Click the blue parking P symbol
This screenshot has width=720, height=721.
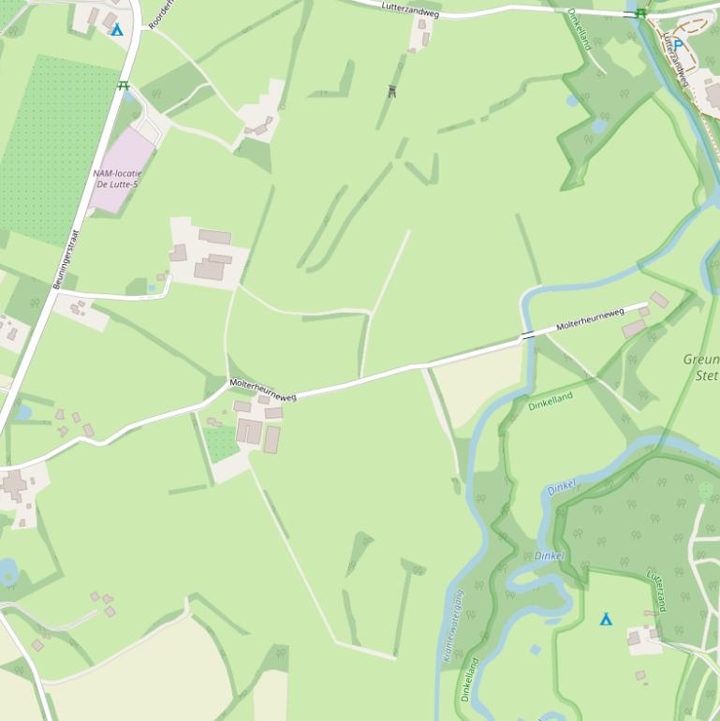(679, 45)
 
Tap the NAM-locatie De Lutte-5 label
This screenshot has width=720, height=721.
(116, 179)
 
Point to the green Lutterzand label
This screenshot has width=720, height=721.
(658, 591)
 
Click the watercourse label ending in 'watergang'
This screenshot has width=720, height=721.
(453, 626)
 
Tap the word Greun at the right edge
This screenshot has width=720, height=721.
(701, 360)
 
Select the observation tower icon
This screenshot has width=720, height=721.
(391, 91)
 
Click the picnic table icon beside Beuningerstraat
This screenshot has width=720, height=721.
(123, 86)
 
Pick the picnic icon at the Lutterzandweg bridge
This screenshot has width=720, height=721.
(640, 13)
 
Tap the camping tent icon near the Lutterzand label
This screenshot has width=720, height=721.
(606, 619)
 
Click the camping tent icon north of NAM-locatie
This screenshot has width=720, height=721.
(117, 30)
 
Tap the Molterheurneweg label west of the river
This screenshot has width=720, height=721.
(263, 390)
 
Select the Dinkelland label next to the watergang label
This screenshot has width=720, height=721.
(469, 679)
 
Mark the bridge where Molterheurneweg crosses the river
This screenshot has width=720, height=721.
(529, 334)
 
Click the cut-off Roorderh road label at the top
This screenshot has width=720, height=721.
(161, 13)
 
